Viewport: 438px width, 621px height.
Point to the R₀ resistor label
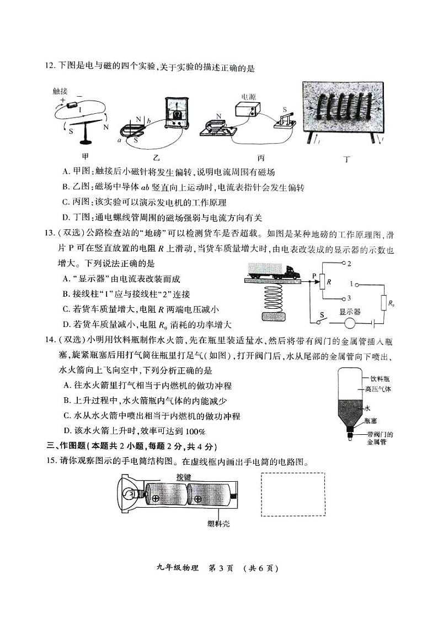click(x=391, y=303)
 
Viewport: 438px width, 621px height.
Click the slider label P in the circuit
click(x=314, y=275)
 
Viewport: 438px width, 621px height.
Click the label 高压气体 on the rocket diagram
click(x=378, y=389)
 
